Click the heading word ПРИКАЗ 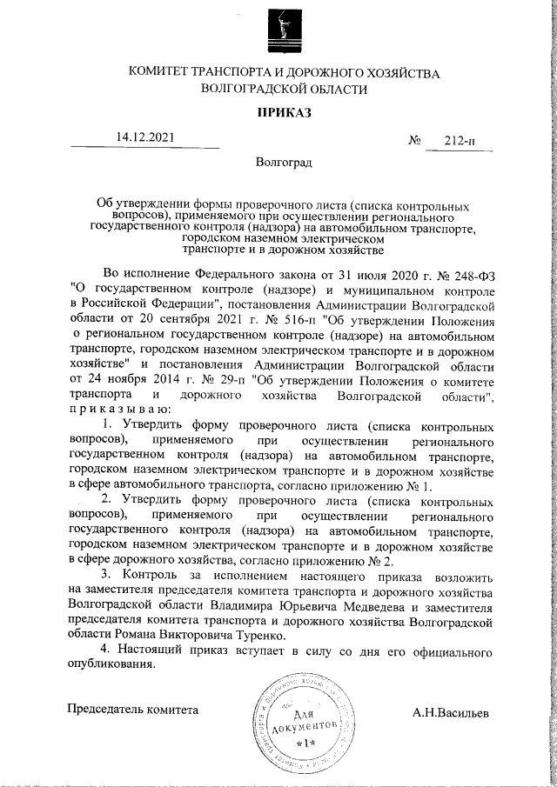[284, 112]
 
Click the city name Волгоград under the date [284, 162]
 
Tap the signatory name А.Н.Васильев [451, 712]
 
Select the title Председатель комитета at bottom [134, 709]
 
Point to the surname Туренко [297, 638]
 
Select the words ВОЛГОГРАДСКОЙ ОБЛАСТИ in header [284, 89]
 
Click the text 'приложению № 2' [347, 561]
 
